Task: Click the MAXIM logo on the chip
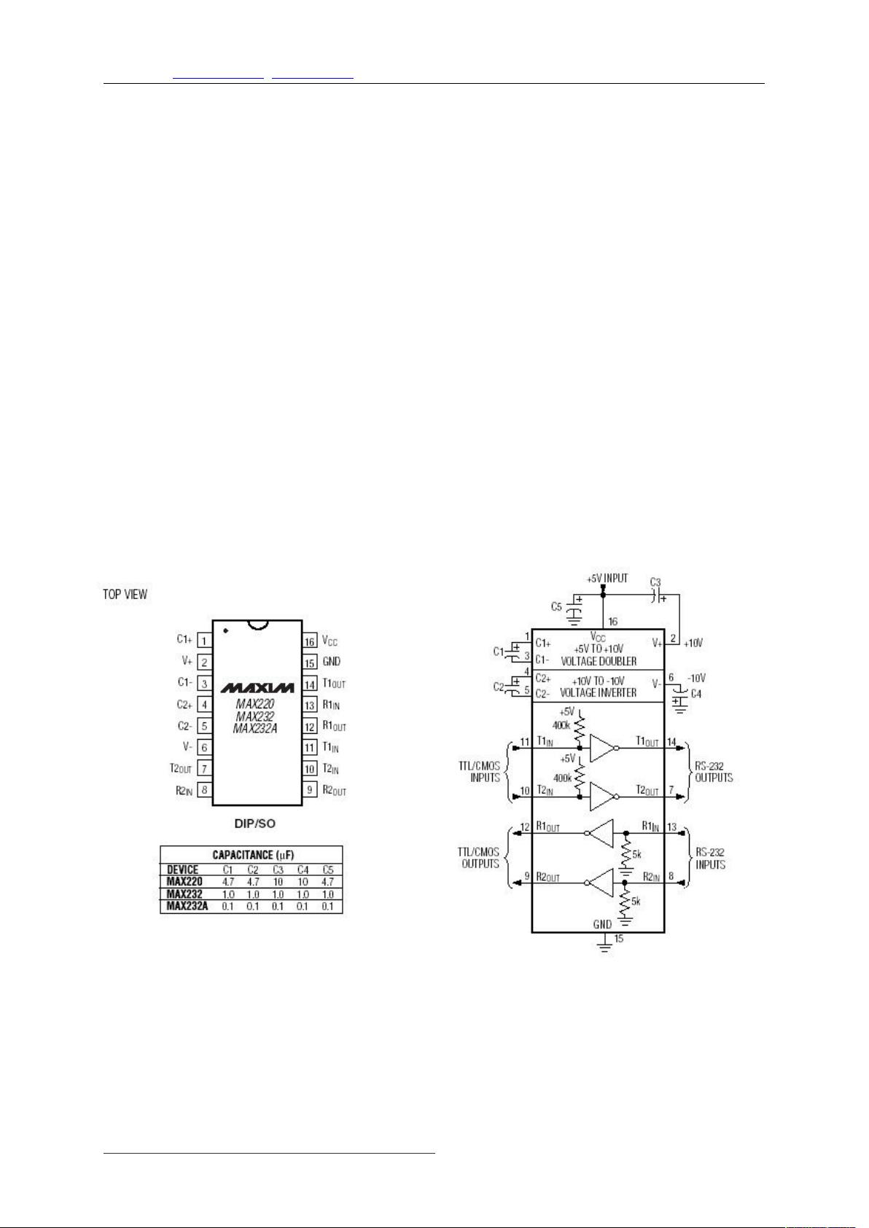[x=257, y=688]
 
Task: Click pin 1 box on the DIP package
[x=204, y=641]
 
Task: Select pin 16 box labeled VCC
[x=309, y=641]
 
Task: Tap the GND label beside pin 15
[x=332, y=662]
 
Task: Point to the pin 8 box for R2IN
[x=204, y=790]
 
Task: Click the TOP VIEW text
[x=125, y=594]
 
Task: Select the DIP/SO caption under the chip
[x=255, y=824]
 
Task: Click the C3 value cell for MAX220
[x=278, y=882]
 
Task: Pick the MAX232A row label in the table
[x=187, y=906]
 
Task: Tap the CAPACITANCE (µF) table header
[x=253, y=855]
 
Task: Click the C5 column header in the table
[x=328, y=869]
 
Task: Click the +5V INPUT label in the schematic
[x=607, y=579]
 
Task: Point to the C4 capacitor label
[x=695, y=694]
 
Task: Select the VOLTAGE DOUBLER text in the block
[x=598, y=661]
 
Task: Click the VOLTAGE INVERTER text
[x=598, y=693]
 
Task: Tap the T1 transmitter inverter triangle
[x=602, y=748]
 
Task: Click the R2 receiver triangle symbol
[x=601, y=883]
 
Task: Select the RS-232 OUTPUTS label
[x=714, y=772]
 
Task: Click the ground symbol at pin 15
[x=605, y=946]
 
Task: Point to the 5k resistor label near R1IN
[x=636, y=855]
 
